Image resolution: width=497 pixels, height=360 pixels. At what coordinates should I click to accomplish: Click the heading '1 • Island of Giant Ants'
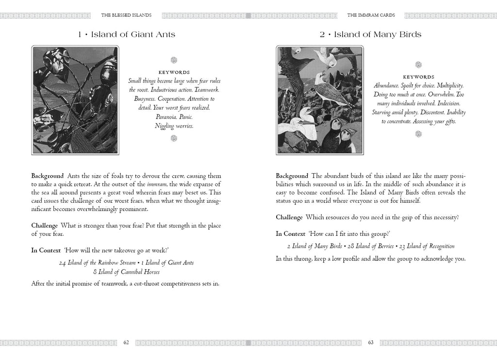(x=126, y=34)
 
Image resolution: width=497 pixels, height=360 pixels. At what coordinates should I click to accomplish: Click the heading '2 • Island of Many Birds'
(x=371, y=34)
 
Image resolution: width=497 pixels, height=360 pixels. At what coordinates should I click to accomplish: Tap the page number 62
(x=126, y=343)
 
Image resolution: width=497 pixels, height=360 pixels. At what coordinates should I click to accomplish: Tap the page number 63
(x=370, y=343)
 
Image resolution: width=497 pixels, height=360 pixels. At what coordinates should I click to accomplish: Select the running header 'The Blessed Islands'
(x=126, y=15)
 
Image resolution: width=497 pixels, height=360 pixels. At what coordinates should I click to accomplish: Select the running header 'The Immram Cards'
(x=371, y=15)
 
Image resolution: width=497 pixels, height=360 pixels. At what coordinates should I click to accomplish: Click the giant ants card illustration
(x=75, y=99)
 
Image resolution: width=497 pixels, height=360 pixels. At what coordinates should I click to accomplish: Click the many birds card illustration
(x=319, y=99)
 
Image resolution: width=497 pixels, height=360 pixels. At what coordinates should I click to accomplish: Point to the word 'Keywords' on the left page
(x=174, y=73)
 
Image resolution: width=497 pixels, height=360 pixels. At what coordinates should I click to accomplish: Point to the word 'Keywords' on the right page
(x=419, y=77)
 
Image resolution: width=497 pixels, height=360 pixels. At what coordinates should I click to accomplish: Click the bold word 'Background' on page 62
(x=48, y=176)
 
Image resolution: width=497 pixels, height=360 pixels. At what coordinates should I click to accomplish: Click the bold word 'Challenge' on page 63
(x=289, y=217)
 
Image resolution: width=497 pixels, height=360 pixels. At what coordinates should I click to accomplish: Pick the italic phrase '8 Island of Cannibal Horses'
(x=126, y=272)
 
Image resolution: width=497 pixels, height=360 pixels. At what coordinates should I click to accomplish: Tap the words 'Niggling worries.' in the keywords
(x=174, y=126)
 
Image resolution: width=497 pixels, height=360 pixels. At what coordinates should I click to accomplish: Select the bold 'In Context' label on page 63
(x=290, y=234)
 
